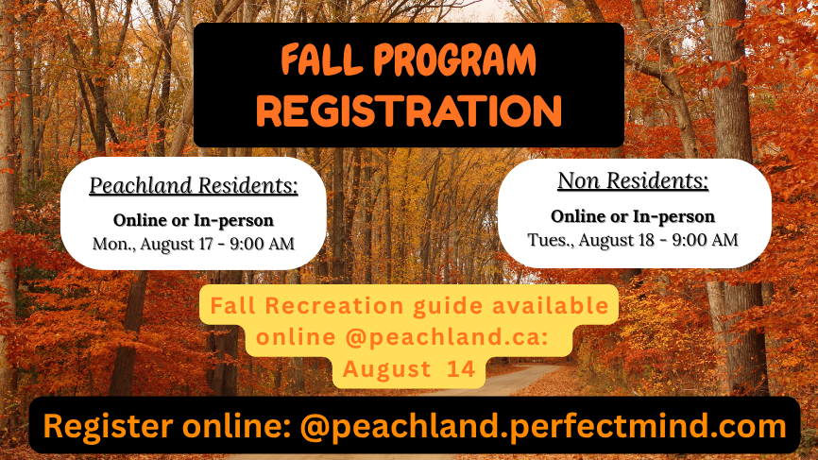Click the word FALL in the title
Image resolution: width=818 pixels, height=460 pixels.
click(321, 60)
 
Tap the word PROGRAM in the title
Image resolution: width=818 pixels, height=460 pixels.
click(455, 60)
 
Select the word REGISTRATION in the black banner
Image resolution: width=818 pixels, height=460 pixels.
click(409, 111)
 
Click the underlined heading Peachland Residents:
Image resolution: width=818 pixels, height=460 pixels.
click(194, 186)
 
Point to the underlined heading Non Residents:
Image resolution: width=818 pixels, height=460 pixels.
click(633, 181)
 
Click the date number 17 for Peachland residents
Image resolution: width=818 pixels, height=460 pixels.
click(204, 244)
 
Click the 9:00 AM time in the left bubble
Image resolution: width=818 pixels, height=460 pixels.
click(262, 244)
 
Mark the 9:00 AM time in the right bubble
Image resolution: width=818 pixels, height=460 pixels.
click(705, 239)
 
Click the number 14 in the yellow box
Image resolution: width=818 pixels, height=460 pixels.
click(461, 369)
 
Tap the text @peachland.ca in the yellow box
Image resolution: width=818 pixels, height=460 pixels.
click(447, 337)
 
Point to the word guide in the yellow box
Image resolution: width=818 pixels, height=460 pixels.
click(448, 307)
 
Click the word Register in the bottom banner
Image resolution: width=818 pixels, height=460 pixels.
click(108, 427)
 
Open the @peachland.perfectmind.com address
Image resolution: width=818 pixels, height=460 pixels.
click(543, 427)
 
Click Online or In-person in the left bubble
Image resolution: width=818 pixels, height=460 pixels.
click(194, 221)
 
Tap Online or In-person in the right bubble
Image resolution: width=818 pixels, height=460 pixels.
click(633, 216)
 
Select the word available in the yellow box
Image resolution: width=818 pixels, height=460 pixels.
click(551, 306)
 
